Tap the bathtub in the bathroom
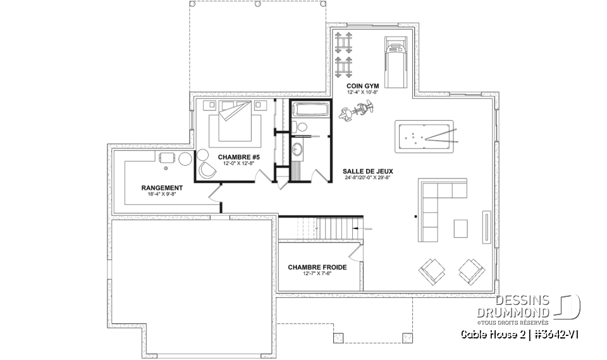point(310,109)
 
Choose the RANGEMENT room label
point(162,188)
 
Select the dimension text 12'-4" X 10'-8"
point(361,92)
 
